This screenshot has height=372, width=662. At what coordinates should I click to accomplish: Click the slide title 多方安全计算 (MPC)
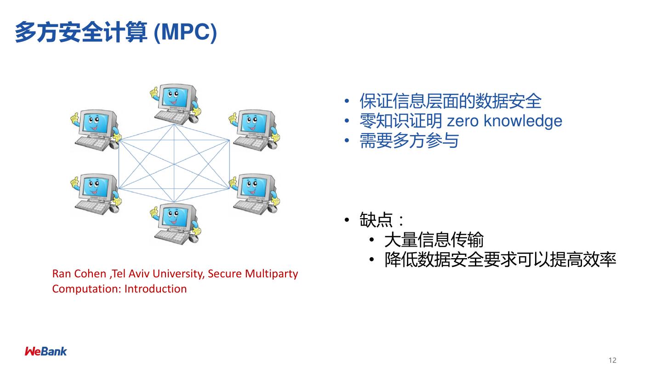tap(116, 33)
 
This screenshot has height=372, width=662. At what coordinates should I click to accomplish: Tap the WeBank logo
tap(46, 351)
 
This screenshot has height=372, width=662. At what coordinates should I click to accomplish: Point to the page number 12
tap(612, 360)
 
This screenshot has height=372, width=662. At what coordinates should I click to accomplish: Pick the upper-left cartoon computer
tap(96, 130)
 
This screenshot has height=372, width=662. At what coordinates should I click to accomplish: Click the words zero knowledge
tap(504, 121)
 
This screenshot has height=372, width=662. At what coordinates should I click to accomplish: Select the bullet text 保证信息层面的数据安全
tap(451, 101)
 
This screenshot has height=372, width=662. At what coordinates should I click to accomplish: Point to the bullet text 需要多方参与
tap(409, 141)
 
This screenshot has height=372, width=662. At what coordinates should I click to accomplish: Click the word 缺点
tap(376, 220)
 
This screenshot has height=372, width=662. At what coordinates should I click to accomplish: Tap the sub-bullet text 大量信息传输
tap(434, 240)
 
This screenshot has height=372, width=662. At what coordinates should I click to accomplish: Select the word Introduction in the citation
tap(155, 289)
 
